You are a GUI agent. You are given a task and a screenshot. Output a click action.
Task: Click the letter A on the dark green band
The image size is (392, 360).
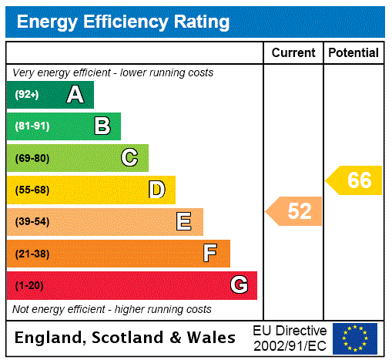click(75, 95)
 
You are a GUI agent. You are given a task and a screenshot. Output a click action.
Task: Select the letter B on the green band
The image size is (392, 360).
click(102, 126)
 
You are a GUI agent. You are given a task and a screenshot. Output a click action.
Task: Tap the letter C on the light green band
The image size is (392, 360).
click(129, 158)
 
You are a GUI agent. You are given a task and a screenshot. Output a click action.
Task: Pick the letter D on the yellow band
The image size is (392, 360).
click(156, 190)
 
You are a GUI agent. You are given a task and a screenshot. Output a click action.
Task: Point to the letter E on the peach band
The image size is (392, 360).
click(184, 222)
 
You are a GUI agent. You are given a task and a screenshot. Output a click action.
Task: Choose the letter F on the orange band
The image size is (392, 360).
click(210, 254)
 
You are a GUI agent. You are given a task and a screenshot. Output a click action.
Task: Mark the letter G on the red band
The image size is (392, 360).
click(239, 285)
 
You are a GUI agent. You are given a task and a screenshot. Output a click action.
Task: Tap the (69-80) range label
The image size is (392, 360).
click(32, 159)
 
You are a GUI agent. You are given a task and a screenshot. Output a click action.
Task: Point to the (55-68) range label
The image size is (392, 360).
click(32, 190)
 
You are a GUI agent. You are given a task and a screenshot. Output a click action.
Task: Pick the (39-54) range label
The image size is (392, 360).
click(32, 222)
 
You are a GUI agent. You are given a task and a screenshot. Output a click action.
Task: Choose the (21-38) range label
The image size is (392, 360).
click(32, 254)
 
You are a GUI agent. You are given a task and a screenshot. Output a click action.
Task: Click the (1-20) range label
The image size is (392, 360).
click(29, 286)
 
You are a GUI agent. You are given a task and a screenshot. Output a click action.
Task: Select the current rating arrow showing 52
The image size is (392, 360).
click(295, 211)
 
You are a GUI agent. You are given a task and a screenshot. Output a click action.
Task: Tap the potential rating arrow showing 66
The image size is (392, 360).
click(355, 180)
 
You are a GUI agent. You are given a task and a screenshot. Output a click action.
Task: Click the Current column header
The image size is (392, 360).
click(293, 53)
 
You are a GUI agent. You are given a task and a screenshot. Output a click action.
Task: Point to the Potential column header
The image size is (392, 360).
click(353, 53)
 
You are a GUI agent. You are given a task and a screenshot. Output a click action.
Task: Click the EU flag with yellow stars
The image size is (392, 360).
click(355, 338)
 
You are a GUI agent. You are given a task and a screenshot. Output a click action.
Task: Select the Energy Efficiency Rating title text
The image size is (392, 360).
click(123, 22)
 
